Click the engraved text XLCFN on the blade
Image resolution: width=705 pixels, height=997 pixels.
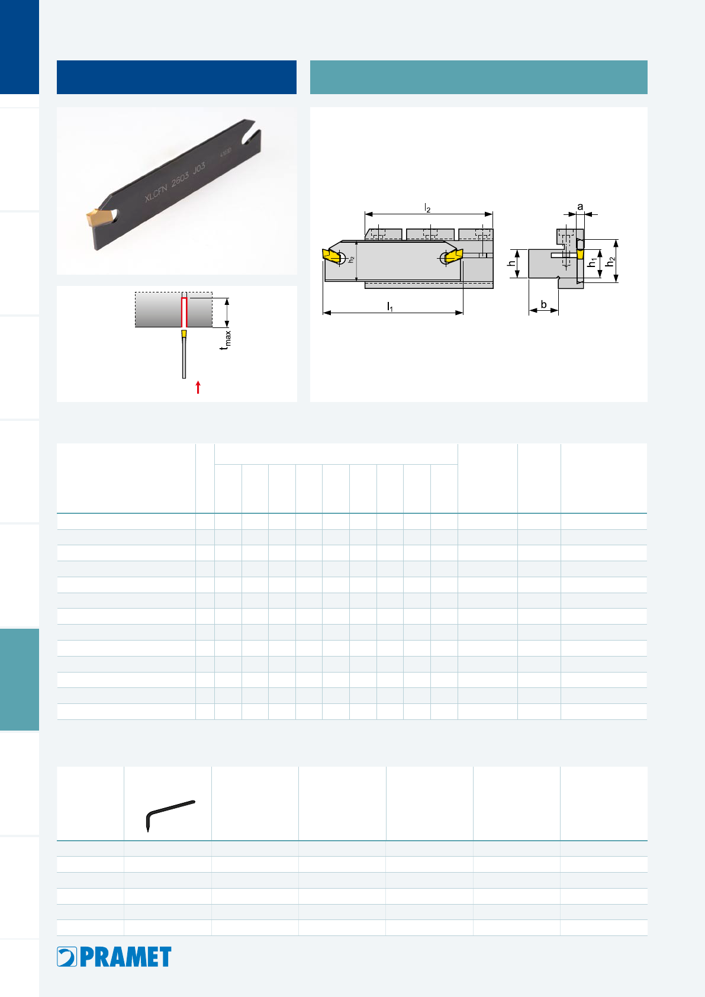tap(156, 192)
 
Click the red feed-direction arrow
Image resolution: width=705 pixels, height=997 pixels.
tap(198, 387)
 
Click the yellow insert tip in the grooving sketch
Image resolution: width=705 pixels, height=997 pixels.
tap(184, 333)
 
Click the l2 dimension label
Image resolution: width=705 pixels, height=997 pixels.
tap(427, 208)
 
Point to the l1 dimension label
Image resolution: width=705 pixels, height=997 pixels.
tap(390, 306)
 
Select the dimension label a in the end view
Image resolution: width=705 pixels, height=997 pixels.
tap(580, 207)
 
